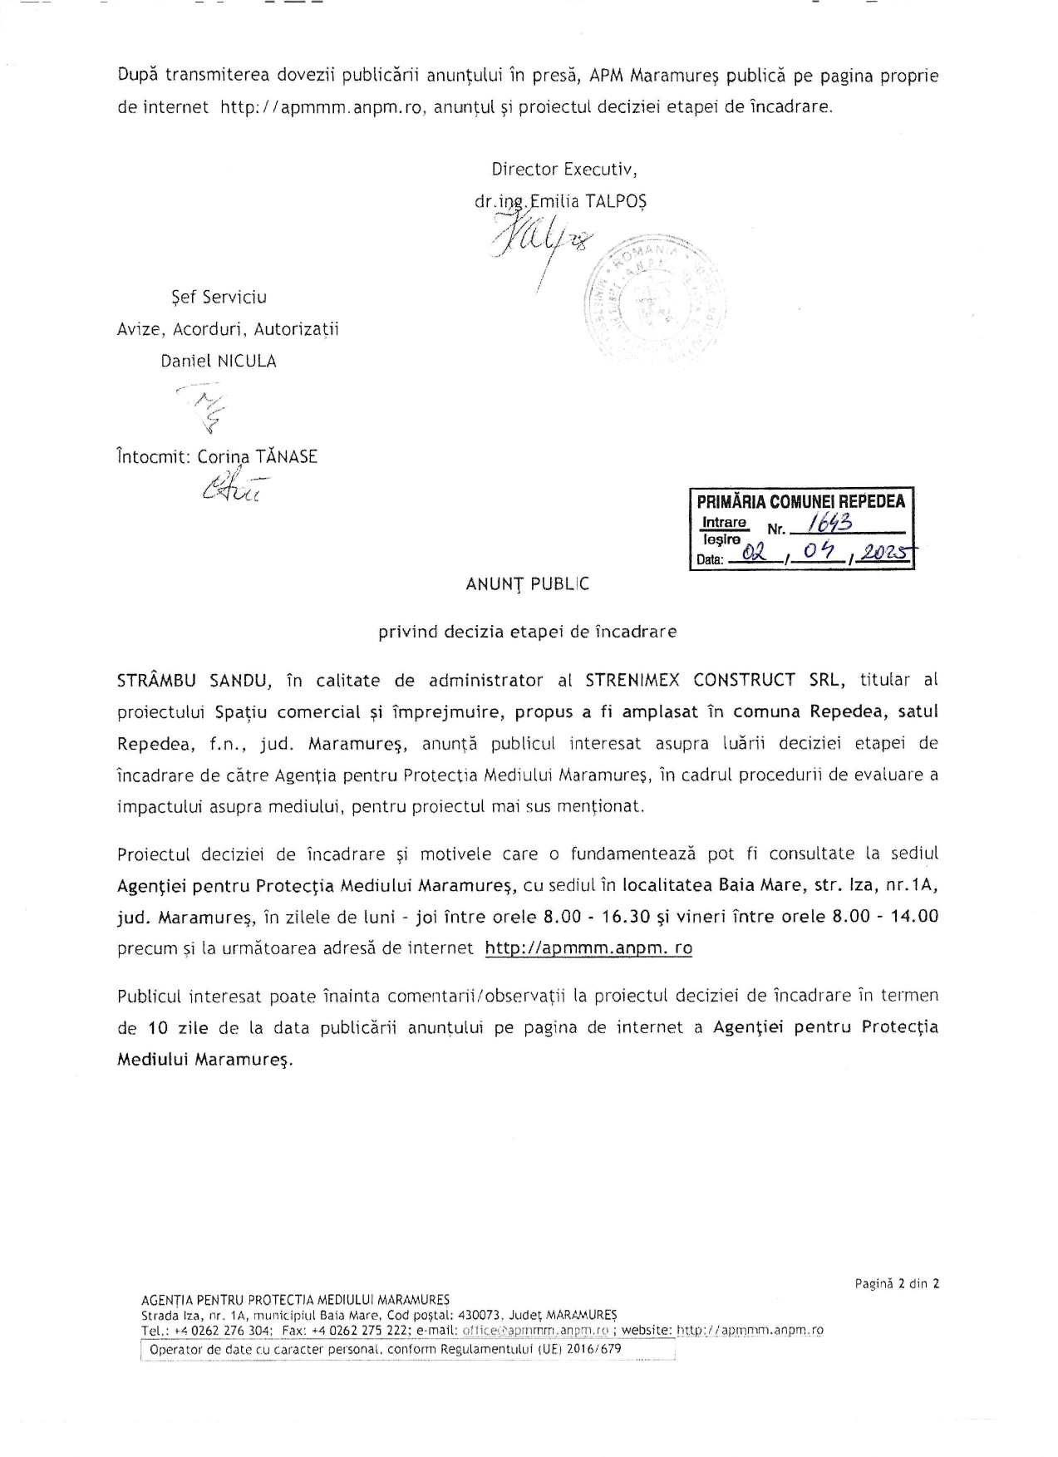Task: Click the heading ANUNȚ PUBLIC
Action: tap(527, 584)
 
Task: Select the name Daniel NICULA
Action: tap(219, 362)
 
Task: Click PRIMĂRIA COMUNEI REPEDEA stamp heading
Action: tap(801, 501)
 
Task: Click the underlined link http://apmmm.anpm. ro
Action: tap(588, 948)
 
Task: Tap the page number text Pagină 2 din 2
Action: tap(898, 1283)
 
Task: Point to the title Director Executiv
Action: tap(564, 170)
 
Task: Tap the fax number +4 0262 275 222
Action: tap(359, 1330)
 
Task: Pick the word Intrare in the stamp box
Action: tap(725, 522)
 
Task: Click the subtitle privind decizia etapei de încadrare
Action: tap(527, 632)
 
